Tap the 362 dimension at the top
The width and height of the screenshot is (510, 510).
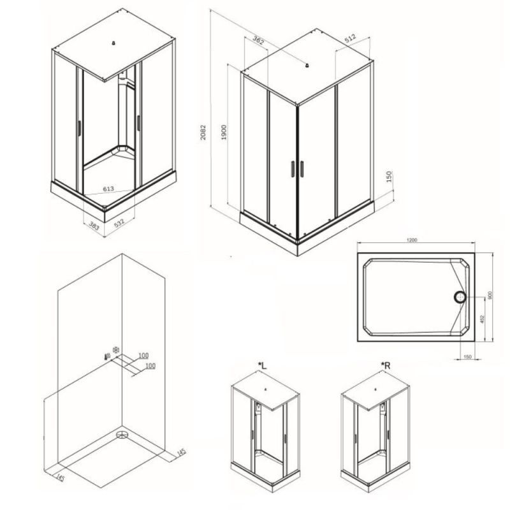pos(258,40)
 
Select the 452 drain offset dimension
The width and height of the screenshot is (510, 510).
pos(482,319)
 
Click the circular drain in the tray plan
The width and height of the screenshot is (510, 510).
pos(460,296)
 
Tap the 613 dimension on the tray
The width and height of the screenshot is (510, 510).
pos(109,189)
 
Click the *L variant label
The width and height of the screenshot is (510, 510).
pos(262,365)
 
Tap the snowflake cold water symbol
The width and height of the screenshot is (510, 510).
pos(116,350)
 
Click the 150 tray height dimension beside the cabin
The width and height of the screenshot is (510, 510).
pos(390,175)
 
